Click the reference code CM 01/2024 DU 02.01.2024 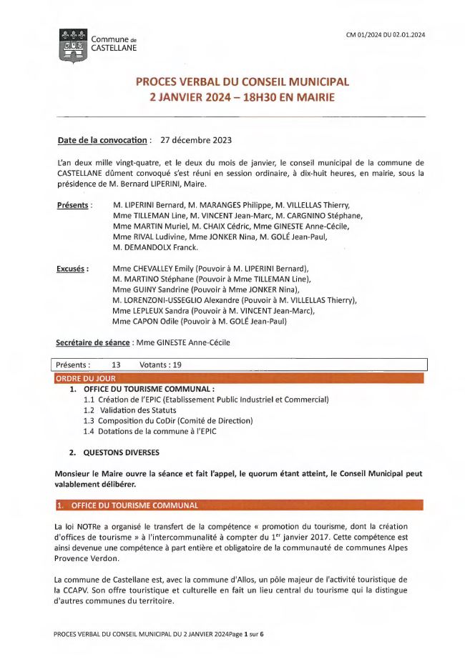[386, 34]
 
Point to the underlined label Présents [74, 206]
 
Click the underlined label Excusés [72, 269]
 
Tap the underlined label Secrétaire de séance [92, 342]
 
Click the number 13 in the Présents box [116, 365]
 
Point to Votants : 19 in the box [161, 365]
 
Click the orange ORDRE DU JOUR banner [85, 378]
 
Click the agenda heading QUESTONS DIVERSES [121, 452]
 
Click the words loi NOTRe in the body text [79, 526]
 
